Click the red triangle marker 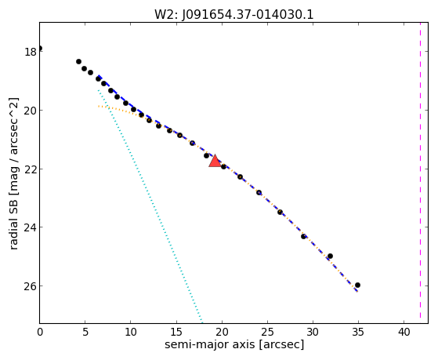(215, 161)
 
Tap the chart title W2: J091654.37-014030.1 (234, 14)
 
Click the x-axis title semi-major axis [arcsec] (234, 344)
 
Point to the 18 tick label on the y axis (31, 52)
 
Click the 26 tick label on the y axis (31, 285)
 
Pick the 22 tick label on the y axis (31, 169)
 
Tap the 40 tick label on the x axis (404, 332)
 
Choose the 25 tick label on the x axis (267, 332)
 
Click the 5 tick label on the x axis (85, 332)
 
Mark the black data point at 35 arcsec (357, 285)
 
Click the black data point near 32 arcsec (330, 256)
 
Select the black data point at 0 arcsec (40, 49)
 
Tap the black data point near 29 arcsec (304, 236)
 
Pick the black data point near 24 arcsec (259, 192)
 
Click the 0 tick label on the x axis (40, 332)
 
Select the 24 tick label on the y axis (31, 227)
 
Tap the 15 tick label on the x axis (176, 332)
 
